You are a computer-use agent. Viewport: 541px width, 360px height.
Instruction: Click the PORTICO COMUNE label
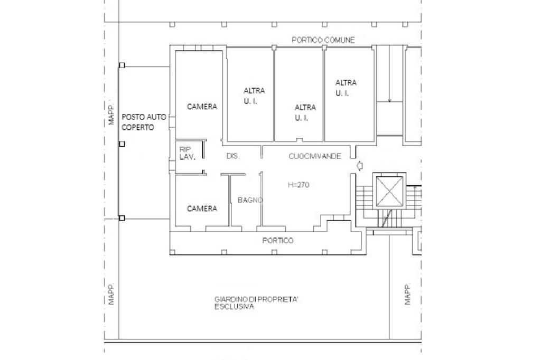point(323,40)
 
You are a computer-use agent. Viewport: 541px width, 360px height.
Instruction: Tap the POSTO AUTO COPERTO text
point(144,122)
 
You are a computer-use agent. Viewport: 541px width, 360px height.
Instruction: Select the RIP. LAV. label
point(188,153)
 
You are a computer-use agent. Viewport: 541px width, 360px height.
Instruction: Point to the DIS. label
point(233,156)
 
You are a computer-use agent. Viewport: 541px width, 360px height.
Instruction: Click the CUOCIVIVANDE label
point(315,156)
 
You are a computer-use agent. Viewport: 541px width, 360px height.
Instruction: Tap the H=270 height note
point(299,185)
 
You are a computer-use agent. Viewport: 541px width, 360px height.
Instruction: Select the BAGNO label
point(250,200)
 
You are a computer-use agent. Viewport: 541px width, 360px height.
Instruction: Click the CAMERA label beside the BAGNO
point(202,209)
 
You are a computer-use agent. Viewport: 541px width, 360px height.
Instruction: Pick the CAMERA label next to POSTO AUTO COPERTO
point(202,107)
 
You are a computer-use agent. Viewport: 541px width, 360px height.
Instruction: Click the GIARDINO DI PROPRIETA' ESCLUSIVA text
point(256,303)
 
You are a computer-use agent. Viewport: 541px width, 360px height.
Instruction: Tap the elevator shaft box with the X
point(389,192)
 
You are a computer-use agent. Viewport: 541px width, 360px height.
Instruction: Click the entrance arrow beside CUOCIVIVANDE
point(359,166)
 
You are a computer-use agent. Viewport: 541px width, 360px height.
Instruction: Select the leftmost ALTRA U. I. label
point(254,96)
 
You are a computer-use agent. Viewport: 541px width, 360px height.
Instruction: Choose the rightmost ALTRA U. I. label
point(346,88)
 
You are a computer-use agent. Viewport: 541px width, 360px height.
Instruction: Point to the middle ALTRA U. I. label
point(305,112)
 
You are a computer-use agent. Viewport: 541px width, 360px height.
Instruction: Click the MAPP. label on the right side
point(407,294)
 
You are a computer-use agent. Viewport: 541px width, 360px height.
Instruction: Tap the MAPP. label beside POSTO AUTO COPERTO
point(111,114)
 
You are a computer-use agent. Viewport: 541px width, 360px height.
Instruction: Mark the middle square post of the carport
point(122,144)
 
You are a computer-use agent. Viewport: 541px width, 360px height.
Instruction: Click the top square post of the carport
point(122,65)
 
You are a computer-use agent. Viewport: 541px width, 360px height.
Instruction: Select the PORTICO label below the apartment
point(278,240)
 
